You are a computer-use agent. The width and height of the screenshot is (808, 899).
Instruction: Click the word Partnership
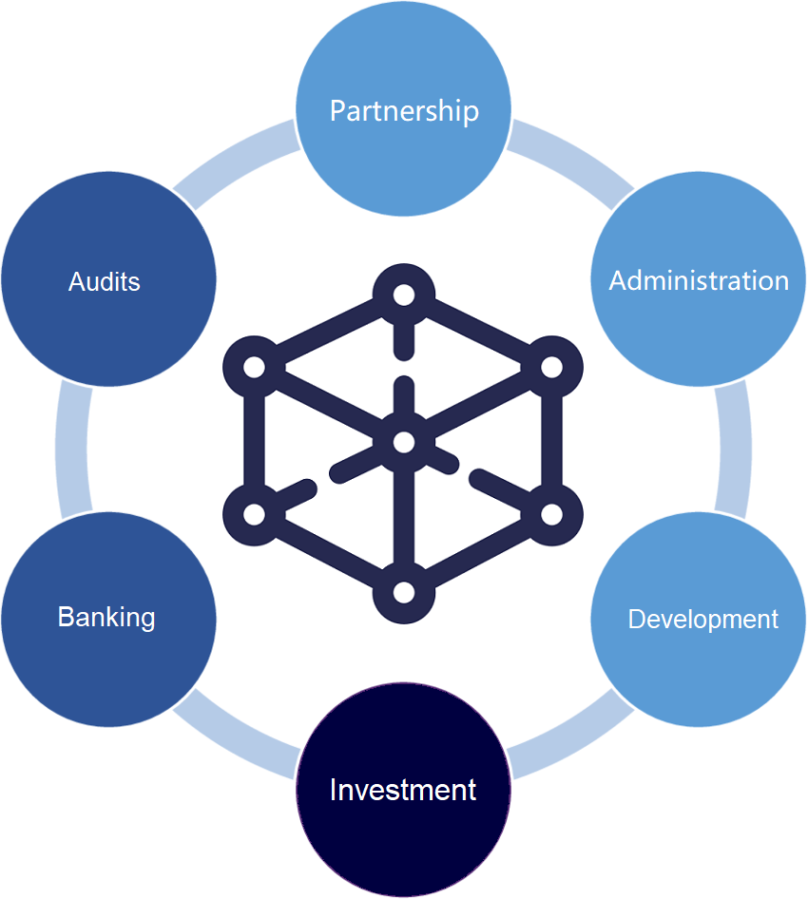(404, 111)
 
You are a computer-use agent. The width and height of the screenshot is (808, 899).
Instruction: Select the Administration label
(699, 281)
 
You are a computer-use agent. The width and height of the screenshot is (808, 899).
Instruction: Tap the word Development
(702, 620)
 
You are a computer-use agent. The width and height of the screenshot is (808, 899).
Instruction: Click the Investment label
(403, 790)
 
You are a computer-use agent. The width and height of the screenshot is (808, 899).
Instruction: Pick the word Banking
(106, 617)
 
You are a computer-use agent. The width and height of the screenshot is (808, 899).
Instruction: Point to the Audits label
(105, 282)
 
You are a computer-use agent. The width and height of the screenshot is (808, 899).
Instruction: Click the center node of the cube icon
(404, 442)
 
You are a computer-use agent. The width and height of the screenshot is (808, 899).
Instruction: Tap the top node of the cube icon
(404, 294)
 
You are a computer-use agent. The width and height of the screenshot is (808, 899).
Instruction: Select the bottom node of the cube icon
(404, 592)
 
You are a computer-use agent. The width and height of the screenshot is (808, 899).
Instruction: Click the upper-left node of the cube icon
(254, 367)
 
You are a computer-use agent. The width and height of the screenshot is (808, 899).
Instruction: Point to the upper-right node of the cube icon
(553, 367)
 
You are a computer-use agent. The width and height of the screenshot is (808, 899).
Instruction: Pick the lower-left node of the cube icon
(254, 515)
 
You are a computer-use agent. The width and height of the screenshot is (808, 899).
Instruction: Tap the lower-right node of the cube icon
(553, 515)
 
